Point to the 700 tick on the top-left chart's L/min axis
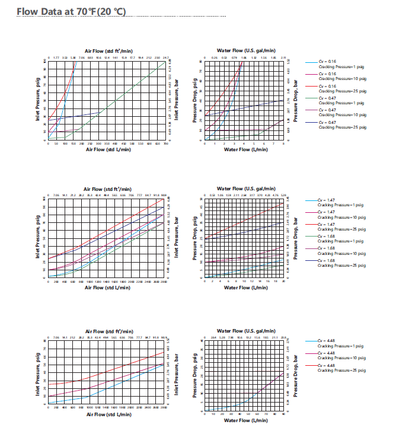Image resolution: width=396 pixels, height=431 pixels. click(x=165, y=143)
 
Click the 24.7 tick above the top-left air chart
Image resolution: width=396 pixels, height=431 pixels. click(x=165, y=58)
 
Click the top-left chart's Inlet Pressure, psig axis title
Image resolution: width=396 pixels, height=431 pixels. click(x=38, y=101)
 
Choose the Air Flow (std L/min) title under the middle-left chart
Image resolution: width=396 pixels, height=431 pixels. click(x=107, y=288)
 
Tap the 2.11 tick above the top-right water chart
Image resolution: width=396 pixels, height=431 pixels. click(x=283, y=58)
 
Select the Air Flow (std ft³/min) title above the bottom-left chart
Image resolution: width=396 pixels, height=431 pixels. click(x=107, y=331)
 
